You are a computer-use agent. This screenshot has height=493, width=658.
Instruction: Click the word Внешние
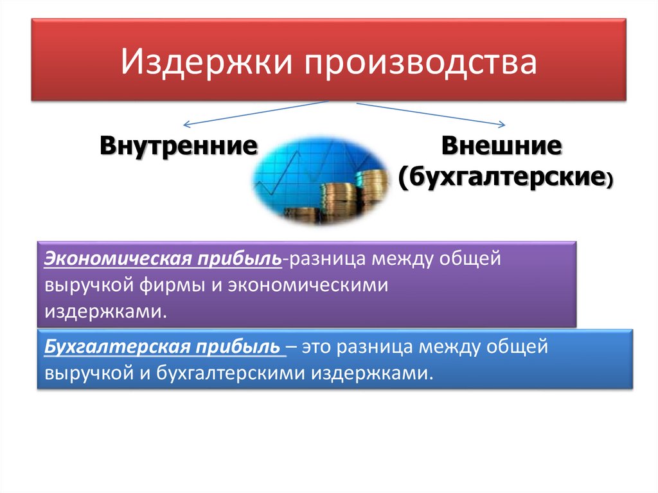501,145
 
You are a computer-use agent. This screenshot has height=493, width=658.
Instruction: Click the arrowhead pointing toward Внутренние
186,124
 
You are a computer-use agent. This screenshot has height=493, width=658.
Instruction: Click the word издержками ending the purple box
102,311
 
